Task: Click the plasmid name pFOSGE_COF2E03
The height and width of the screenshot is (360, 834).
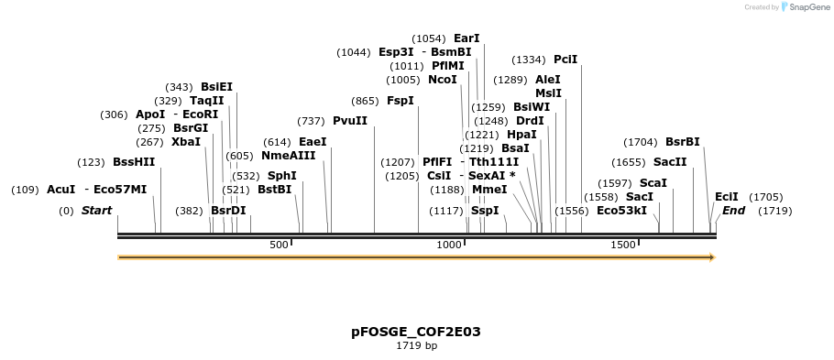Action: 416,332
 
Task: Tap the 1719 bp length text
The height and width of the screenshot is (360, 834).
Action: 416,346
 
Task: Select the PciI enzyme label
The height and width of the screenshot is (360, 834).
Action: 565,60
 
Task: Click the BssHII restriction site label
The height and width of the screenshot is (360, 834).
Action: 134,162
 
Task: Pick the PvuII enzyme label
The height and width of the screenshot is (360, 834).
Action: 349,121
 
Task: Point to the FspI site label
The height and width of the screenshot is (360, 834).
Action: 400,101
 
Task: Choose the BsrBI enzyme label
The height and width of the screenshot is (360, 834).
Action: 682,142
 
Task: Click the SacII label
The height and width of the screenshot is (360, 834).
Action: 669,162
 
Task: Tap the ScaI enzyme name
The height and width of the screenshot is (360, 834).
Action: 653,183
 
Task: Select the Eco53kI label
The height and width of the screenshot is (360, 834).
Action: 621,211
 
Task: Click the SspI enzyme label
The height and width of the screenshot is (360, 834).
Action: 485,211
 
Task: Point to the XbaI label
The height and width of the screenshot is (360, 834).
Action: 186,142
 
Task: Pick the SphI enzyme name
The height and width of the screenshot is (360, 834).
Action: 281,176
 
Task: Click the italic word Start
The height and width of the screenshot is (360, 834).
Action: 96,211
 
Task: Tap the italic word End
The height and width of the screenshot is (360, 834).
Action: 733,211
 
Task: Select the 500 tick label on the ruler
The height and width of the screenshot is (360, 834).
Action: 279,245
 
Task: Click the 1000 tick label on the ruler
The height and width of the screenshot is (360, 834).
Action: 449,245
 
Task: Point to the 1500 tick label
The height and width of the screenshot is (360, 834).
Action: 622,245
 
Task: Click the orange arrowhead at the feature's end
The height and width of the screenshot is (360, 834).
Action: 710,257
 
